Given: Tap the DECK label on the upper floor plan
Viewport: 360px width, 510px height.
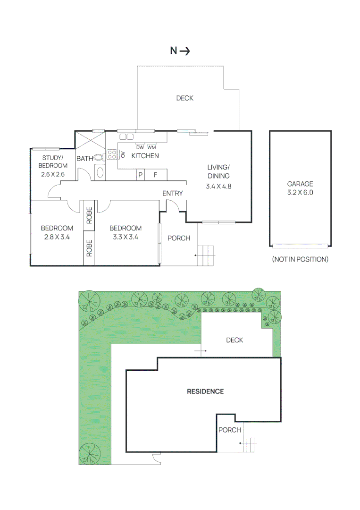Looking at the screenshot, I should tap(184, 98).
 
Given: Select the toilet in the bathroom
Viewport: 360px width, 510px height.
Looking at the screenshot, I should tap(99, 158).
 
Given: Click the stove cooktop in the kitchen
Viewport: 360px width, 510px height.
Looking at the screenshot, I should tap(112, 154).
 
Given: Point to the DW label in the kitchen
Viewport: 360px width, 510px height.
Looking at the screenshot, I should tap(140, 147).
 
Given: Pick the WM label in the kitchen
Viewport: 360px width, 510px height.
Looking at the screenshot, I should tap(151, 147).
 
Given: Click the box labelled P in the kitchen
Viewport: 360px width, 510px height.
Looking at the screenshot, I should tap(140, 175).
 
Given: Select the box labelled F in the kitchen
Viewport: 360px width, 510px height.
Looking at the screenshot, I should tap(155, 175).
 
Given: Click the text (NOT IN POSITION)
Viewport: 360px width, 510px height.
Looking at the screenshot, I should tap(300, 259).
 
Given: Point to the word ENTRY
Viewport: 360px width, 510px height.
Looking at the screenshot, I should tap(172, 194).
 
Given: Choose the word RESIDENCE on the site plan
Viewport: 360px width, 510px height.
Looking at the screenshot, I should tap(205, 391).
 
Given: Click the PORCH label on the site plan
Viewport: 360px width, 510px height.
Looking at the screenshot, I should tap(230, 430).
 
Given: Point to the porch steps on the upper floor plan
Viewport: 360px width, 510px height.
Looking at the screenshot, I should tap(206, 256).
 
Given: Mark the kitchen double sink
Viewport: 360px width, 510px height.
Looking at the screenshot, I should tap(126, 137).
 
